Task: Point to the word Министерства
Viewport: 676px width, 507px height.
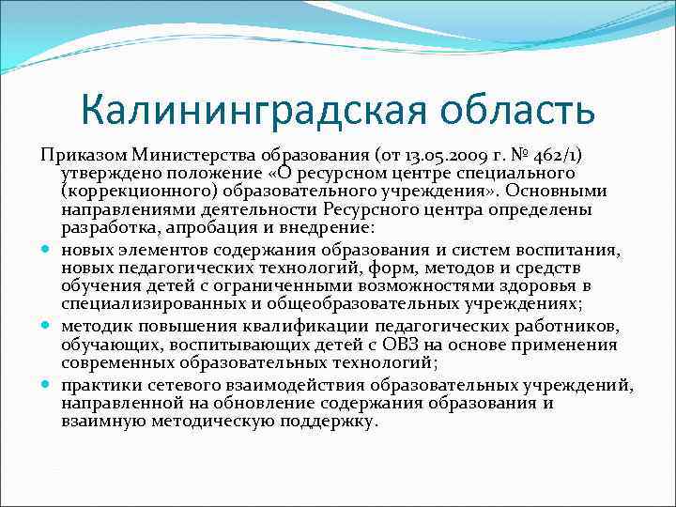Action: tap(193, 155)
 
